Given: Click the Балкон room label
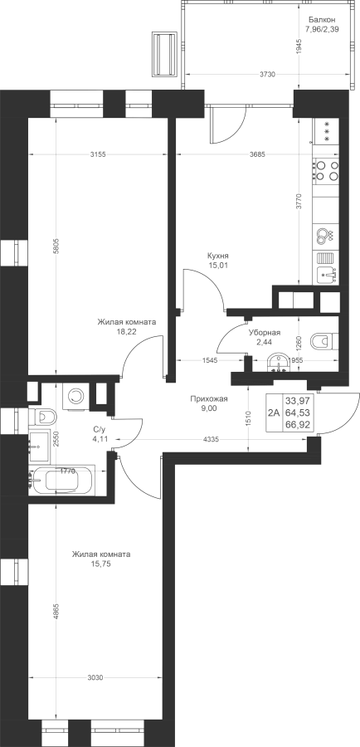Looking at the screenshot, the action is click(x=322, y=20).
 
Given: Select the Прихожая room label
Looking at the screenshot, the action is click(x=208, y=399).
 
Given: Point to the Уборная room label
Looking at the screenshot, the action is click(x=265, y=333).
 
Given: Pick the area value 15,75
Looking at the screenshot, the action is click(x=101, y=564).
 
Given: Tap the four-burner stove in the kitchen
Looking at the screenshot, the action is click(x=326, y=170).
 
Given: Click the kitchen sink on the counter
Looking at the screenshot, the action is click(x=326, y=275).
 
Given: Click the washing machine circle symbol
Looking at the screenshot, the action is click(x=75, y=396).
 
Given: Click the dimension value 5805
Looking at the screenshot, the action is click(x=56, y=247).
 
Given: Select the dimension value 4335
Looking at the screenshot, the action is click(x=211, y=440).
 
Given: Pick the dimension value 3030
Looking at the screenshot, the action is click(x=96, y=677).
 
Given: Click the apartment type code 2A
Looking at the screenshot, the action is click(x=274, y=413).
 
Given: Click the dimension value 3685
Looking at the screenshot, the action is click(x=256, y=154).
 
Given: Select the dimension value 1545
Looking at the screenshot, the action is click(x=210, y=360).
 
